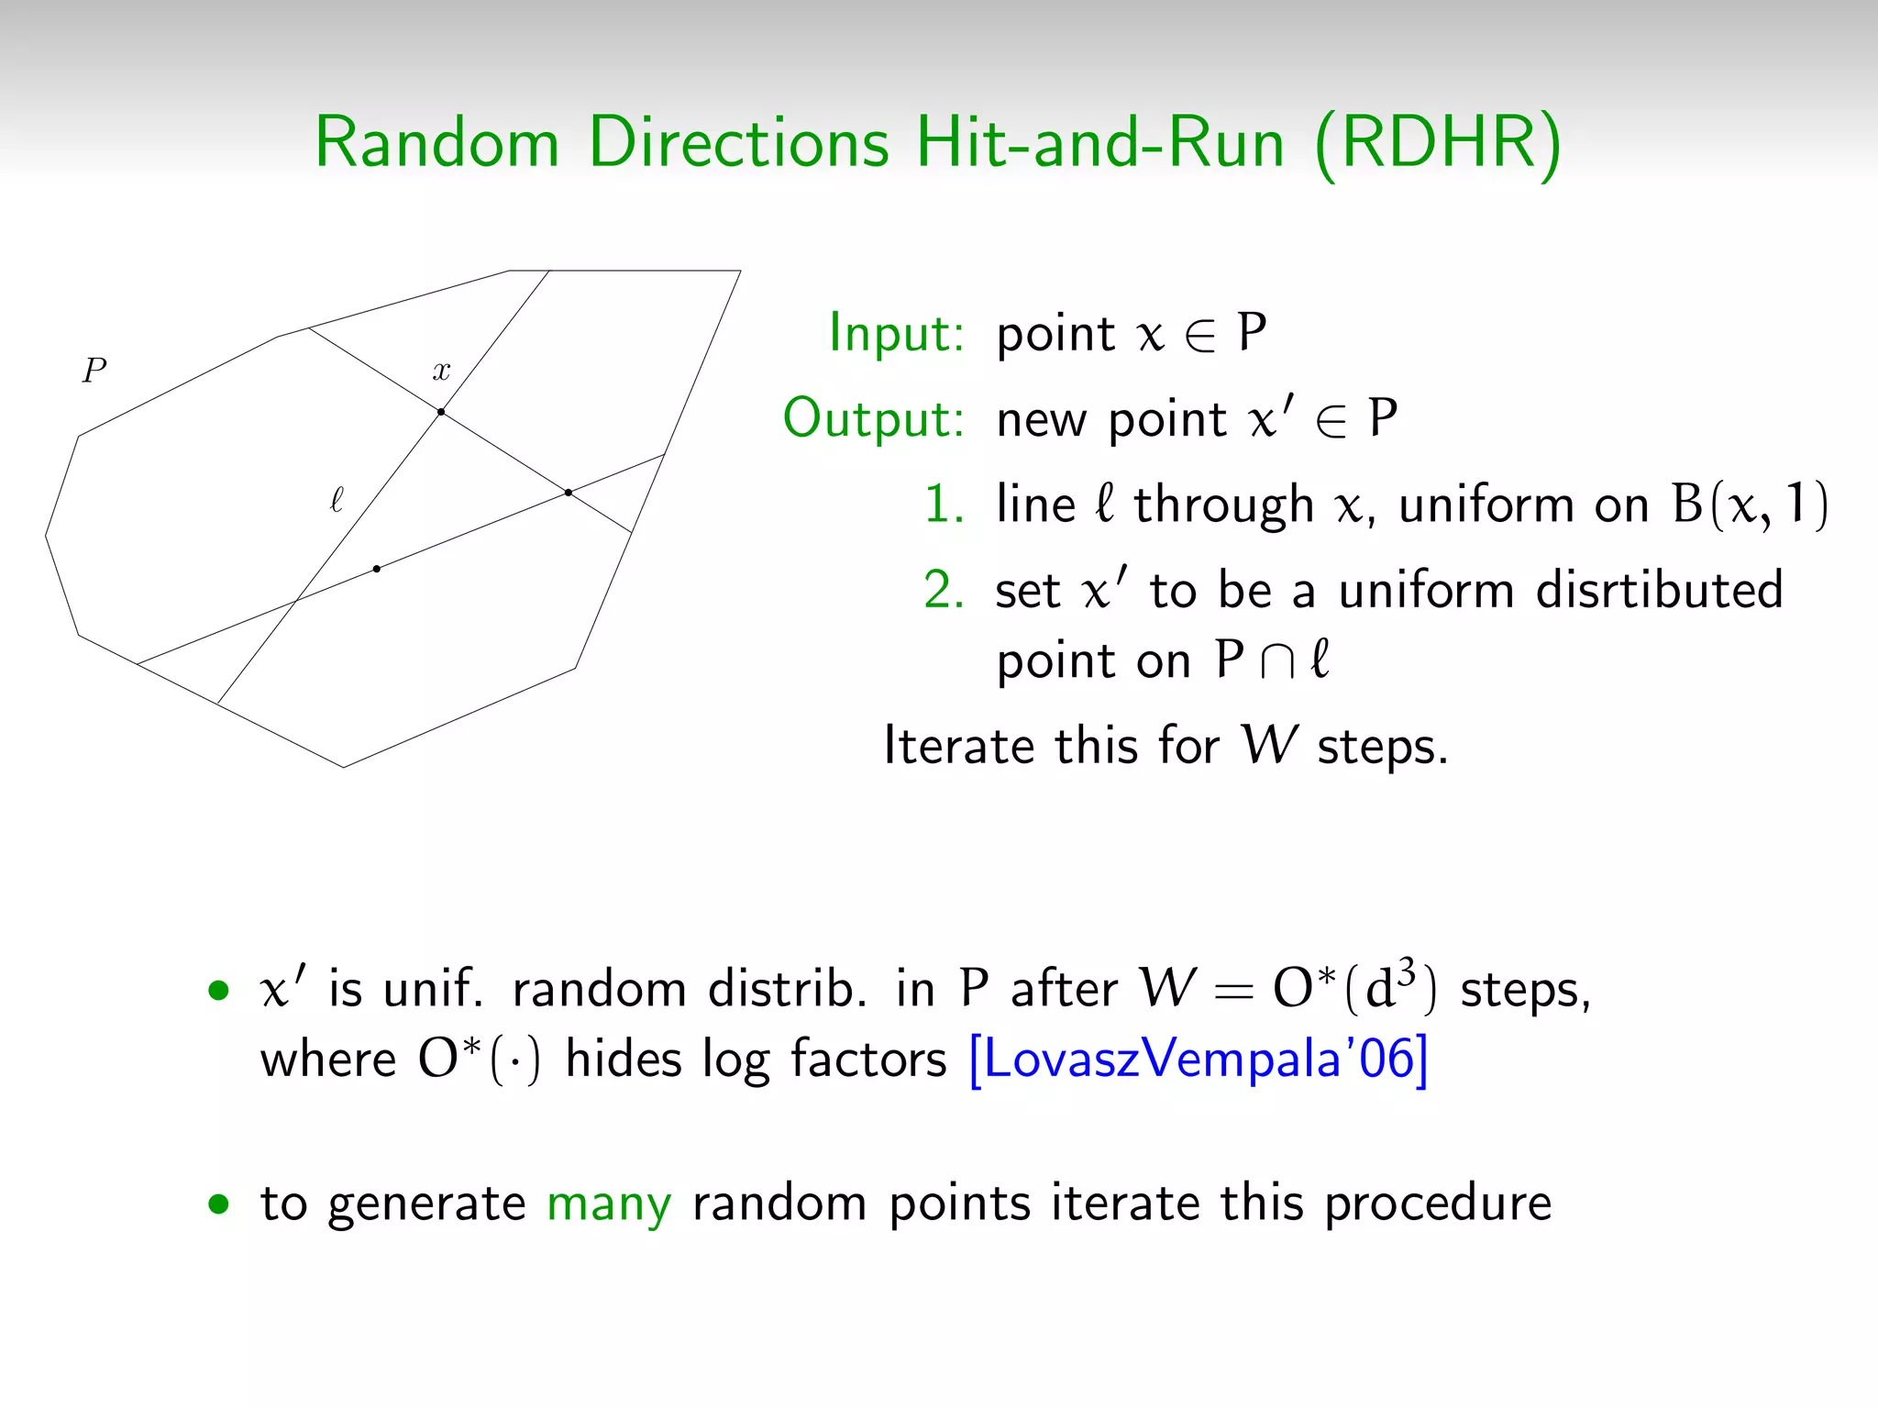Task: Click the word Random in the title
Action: pos(436,143)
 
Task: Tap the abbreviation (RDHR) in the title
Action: pos(1437,145)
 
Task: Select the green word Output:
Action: pos(873,418)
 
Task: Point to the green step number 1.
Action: pos(944,504)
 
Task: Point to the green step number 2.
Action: pos(944,589)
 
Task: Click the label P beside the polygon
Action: pos(94,371)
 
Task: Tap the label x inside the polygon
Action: pos(441,371)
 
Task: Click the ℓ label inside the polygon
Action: pos(337,500)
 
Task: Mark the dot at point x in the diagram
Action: pos(441,412)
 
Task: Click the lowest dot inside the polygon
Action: pos(377,569)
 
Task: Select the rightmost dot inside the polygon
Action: pos(569,493)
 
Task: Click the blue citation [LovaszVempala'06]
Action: pos(1198,1060)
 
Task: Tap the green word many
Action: pos(609,1204)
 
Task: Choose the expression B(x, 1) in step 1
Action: pos(1749,504)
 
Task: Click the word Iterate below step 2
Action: pos(958,745)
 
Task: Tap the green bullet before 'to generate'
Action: pos(218,1204)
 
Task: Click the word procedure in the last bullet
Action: pos(1438,1204)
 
